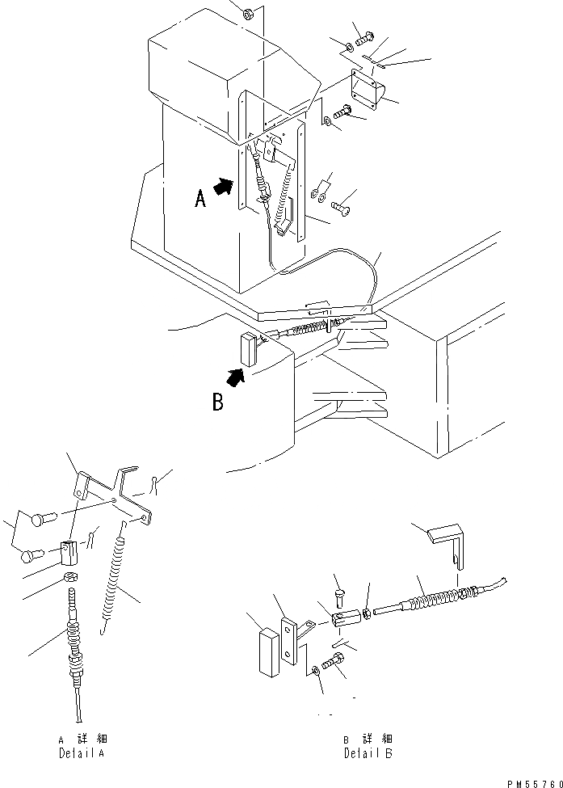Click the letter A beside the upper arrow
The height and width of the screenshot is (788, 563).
(x=201, y=196)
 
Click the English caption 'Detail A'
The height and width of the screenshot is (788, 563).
(x=81, y=753)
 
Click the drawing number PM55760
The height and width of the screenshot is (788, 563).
(x=533, y=782)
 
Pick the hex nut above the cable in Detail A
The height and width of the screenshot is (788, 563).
(x=70, y=578)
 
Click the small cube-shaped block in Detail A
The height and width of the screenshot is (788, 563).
(x=69, y=554)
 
